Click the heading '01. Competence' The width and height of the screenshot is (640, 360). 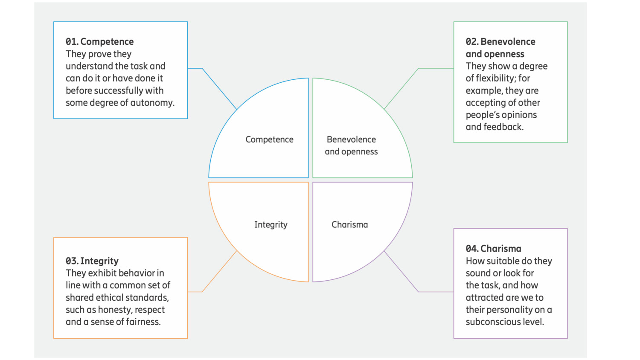click(x=99, y=42)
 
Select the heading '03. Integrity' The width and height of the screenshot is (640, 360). click(x=92, y=261)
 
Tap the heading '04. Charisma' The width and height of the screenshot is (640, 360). click(x=493, y=249)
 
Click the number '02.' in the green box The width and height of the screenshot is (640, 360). click(x=472, y=42)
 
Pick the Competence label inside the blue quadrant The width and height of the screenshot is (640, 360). click(x=269, y=139)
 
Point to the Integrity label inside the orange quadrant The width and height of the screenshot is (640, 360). click(x=271, y=225)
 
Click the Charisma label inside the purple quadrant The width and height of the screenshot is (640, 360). click(x=349, y=225)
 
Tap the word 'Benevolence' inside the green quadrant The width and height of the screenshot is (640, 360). click(x=351, y=139)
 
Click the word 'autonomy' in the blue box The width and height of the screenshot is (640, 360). click(x=152, y=103)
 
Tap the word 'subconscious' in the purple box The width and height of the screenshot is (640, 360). click(x=492, y=322)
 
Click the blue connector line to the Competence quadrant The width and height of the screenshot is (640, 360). click(x=219, y=88)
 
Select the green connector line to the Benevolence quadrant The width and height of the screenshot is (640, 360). click(x=401, y=88)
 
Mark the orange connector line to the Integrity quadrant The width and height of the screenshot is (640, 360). click(x=219, y=272)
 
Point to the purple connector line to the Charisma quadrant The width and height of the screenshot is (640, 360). click(x=401, y=272)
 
